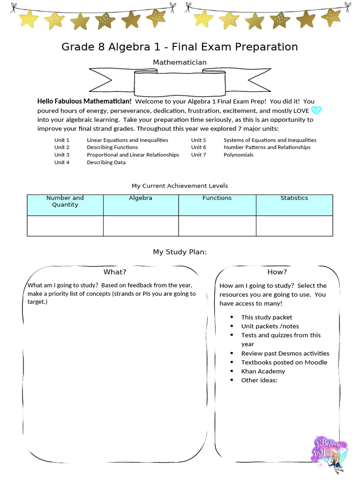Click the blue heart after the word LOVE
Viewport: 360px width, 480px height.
click(x=316, y=111)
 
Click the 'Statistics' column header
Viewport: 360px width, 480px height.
click(x=294, y=198)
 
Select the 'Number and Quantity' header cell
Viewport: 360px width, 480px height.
click(x=65, y=202)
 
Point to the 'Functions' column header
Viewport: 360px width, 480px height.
click(x=217, y=198)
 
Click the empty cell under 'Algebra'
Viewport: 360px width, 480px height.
click(x=141, y=226)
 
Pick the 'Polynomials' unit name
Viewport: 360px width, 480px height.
click(x=238, y=155)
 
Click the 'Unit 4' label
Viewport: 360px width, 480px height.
click(x=61, y=162)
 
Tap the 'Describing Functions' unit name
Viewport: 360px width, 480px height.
click(x=112, y=147)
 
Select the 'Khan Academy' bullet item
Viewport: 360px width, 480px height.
click(x=263, y=371)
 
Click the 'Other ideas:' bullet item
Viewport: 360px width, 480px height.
click(x=259, y=380)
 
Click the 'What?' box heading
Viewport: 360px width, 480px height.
click(x=115, y=272)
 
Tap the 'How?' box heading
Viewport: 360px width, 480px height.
click(x=277, y=272)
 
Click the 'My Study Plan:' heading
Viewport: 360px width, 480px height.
click(x=180, y=252)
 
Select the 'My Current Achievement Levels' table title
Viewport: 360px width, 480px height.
click(x=180, y=186)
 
